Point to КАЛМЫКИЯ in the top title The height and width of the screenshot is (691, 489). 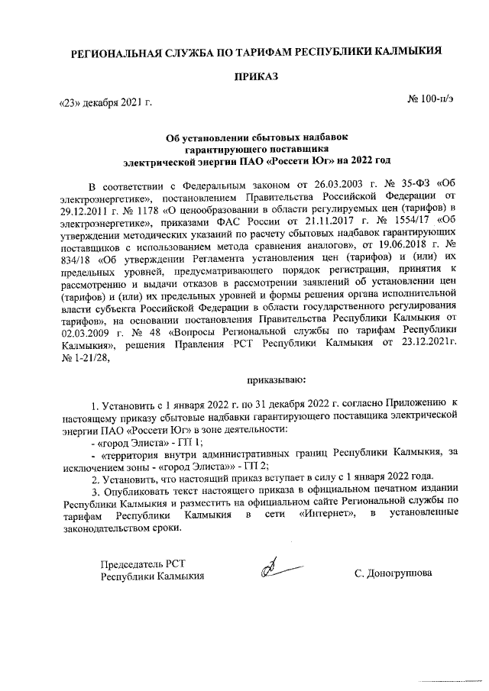click(x=406, y=53)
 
